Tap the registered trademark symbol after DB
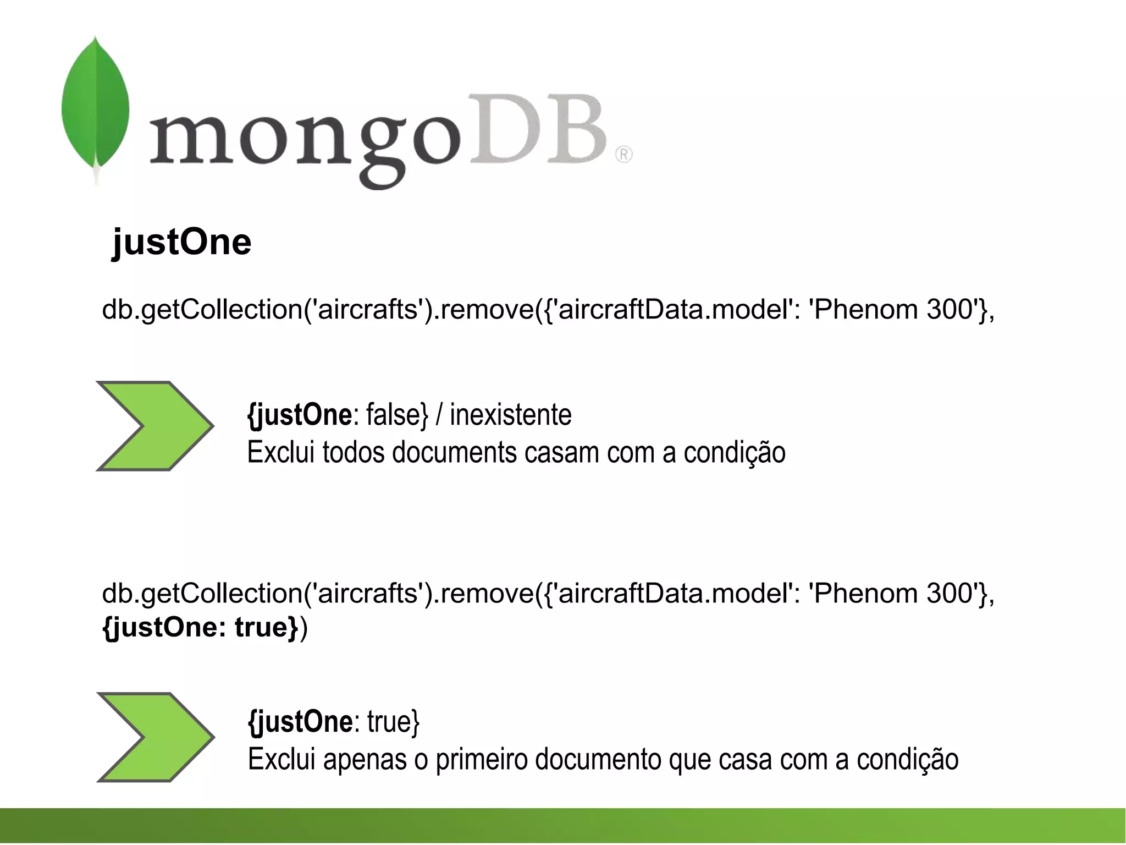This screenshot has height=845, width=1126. [623, 155]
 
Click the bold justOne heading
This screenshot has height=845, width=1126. [181, 242]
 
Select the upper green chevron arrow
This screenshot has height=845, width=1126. [154, 426]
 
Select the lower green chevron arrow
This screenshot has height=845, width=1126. [155, 737]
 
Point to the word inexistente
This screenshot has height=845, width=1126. [510, 415]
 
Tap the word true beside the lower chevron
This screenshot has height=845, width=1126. [393, 722]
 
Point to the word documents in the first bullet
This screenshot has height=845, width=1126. [454, 453]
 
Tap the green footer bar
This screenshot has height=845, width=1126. [563, 825]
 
